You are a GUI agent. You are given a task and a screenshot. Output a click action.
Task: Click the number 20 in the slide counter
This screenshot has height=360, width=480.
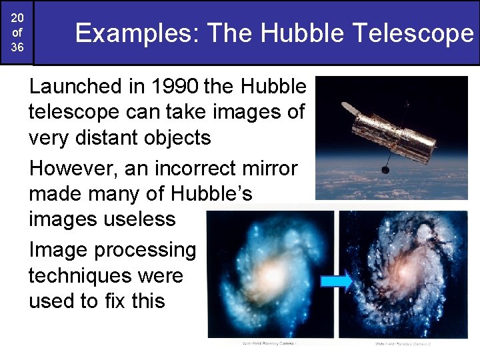(17, 17)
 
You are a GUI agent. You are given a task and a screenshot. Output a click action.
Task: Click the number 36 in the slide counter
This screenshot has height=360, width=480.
(17, 48)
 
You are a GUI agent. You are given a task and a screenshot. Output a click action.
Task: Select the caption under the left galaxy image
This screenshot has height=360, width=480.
(269, 343)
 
